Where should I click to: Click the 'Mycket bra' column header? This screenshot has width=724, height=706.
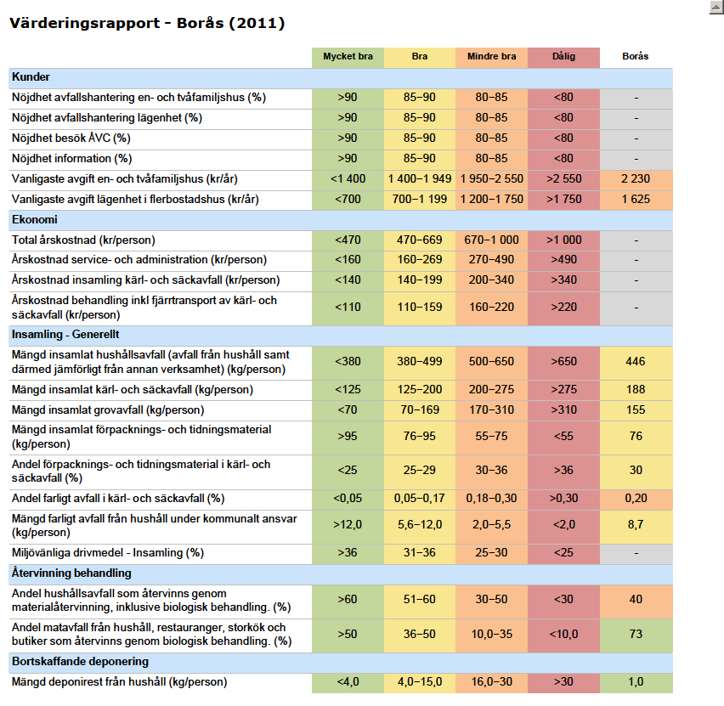pyautogui.click(x=348, y=56)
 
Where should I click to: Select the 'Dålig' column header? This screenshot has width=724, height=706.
pyautogui.click(x=563, y=56)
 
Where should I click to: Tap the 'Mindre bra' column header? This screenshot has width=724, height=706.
pyautogui.click(x=491, y=56)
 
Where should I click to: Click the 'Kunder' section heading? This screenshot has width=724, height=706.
pyautogui.click(x=31, y=77)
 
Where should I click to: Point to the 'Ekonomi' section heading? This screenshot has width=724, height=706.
pyautogui.click(x=35, y=220)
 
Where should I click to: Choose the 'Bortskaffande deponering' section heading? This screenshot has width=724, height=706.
pyautogui.click(x=81, y=662)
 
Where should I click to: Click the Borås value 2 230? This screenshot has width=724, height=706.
pyautogui.click(x=636, y=178)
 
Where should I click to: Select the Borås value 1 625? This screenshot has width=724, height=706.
pyautogui.click(x=636, y=199)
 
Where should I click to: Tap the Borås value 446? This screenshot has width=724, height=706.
pyautogui.click(x=636, y=362)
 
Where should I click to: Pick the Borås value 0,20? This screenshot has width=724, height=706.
pyautogui.click(x=636, y=498)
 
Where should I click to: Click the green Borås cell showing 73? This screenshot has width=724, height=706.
pyautogui.click(x=636, y=634)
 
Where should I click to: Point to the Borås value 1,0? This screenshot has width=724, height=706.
pyautogui.click(x=636, y=681)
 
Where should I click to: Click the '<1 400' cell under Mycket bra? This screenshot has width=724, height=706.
pyautogui.click(x=348, y=178)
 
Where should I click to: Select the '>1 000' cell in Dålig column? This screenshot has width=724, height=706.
pyautogui.click(x=563, y=240)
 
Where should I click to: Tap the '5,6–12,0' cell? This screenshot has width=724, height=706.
pyautogui.click(x=419, y=524)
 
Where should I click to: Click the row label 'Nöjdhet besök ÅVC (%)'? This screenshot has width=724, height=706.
pyautogui.click(x=71, y=138)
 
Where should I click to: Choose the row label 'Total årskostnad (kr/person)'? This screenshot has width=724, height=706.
pyautogui.click(x=83, y=240)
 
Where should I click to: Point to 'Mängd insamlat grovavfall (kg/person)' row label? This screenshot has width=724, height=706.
pyautogui.click(x=108, y=410)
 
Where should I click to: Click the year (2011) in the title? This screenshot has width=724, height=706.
pyautogui.click(x=257, y=23)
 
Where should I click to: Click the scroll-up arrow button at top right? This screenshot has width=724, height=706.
pyautogui.click(x=716, y=8)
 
